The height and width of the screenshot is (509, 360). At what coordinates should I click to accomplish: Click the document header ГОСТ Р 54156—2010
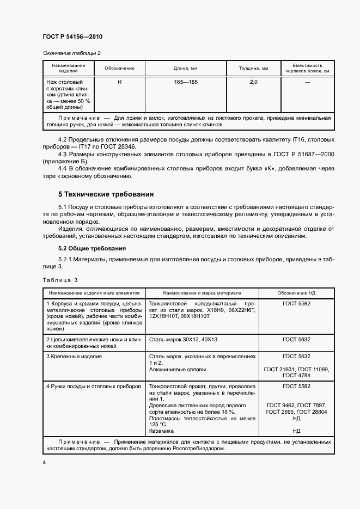[72, 36]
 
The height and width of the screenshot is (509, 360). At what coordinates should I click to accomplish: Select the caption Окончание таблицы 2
[71, 53]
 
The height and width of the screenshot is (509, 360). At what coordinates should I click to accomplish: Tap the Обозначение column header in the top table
[119, 69]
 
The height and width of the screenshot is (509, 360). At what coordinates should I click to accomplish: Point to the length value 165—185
[185, 82]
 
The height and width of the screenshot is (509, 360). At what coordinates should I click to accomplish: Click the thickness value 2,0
[253, 82]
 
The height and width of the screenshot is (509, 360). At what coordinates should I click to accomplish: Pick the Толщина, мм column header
[253, 69]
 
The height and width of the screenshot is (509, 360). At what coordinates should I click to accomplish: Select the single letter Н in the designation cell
[119, 82]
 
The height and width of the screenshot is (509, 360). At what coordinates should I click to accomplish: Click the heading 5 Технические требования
[106, 194]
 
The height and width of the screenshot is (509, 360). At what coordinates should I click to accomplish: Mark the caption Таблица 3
[60, 280]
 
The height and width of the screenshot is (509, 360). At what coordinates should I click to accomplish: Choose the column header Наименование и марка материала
[202, 293]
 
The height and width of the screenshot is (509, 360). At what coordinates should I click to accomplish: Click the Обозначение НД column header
[296, 293]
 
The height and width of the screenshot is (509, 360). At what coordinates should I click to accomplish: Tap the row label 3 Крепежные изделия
[74, 356]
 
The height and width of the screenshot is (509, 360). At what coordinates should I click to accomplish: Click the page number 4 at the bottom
[44, 462]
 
